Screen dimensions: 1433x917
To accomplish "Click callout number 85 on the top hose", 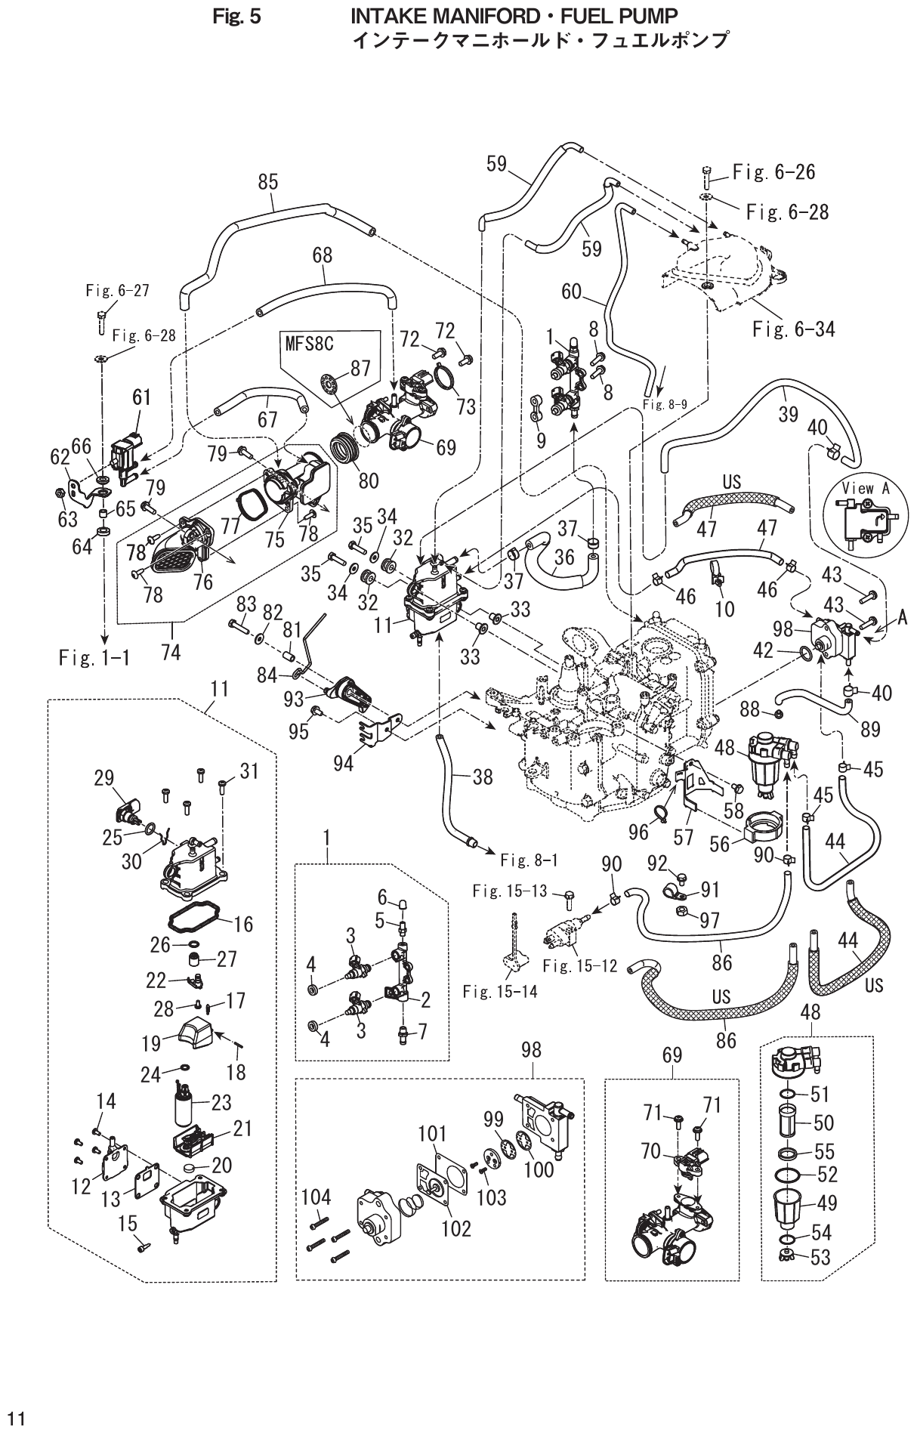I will [267, 182].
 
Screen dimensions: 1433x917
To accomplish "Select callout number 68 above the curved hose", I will [323, 255].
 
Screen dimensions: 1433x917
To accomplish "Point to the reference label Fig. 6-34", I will [793, 329].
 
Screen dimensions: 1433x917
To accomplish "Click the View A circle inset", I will [866, 515].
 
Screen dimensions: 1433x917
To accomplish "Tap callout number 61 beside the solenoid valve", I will [142, 398].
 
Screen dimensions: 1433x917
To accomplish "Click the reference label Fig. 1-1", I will [93, 658].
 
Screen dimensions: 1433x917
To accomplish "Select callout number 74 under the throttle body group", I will [171, 652].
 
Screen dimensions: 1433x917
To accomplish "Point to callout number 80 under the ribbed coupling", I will [369, 480].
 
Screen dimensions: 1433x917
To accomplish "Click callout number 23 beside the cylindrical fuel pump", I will [221, 1102].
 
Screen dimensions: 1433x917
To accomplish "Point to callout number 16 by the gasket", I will [243, 924].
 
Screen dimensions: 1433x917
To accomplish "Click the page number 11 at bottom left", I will [16, 1413].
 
